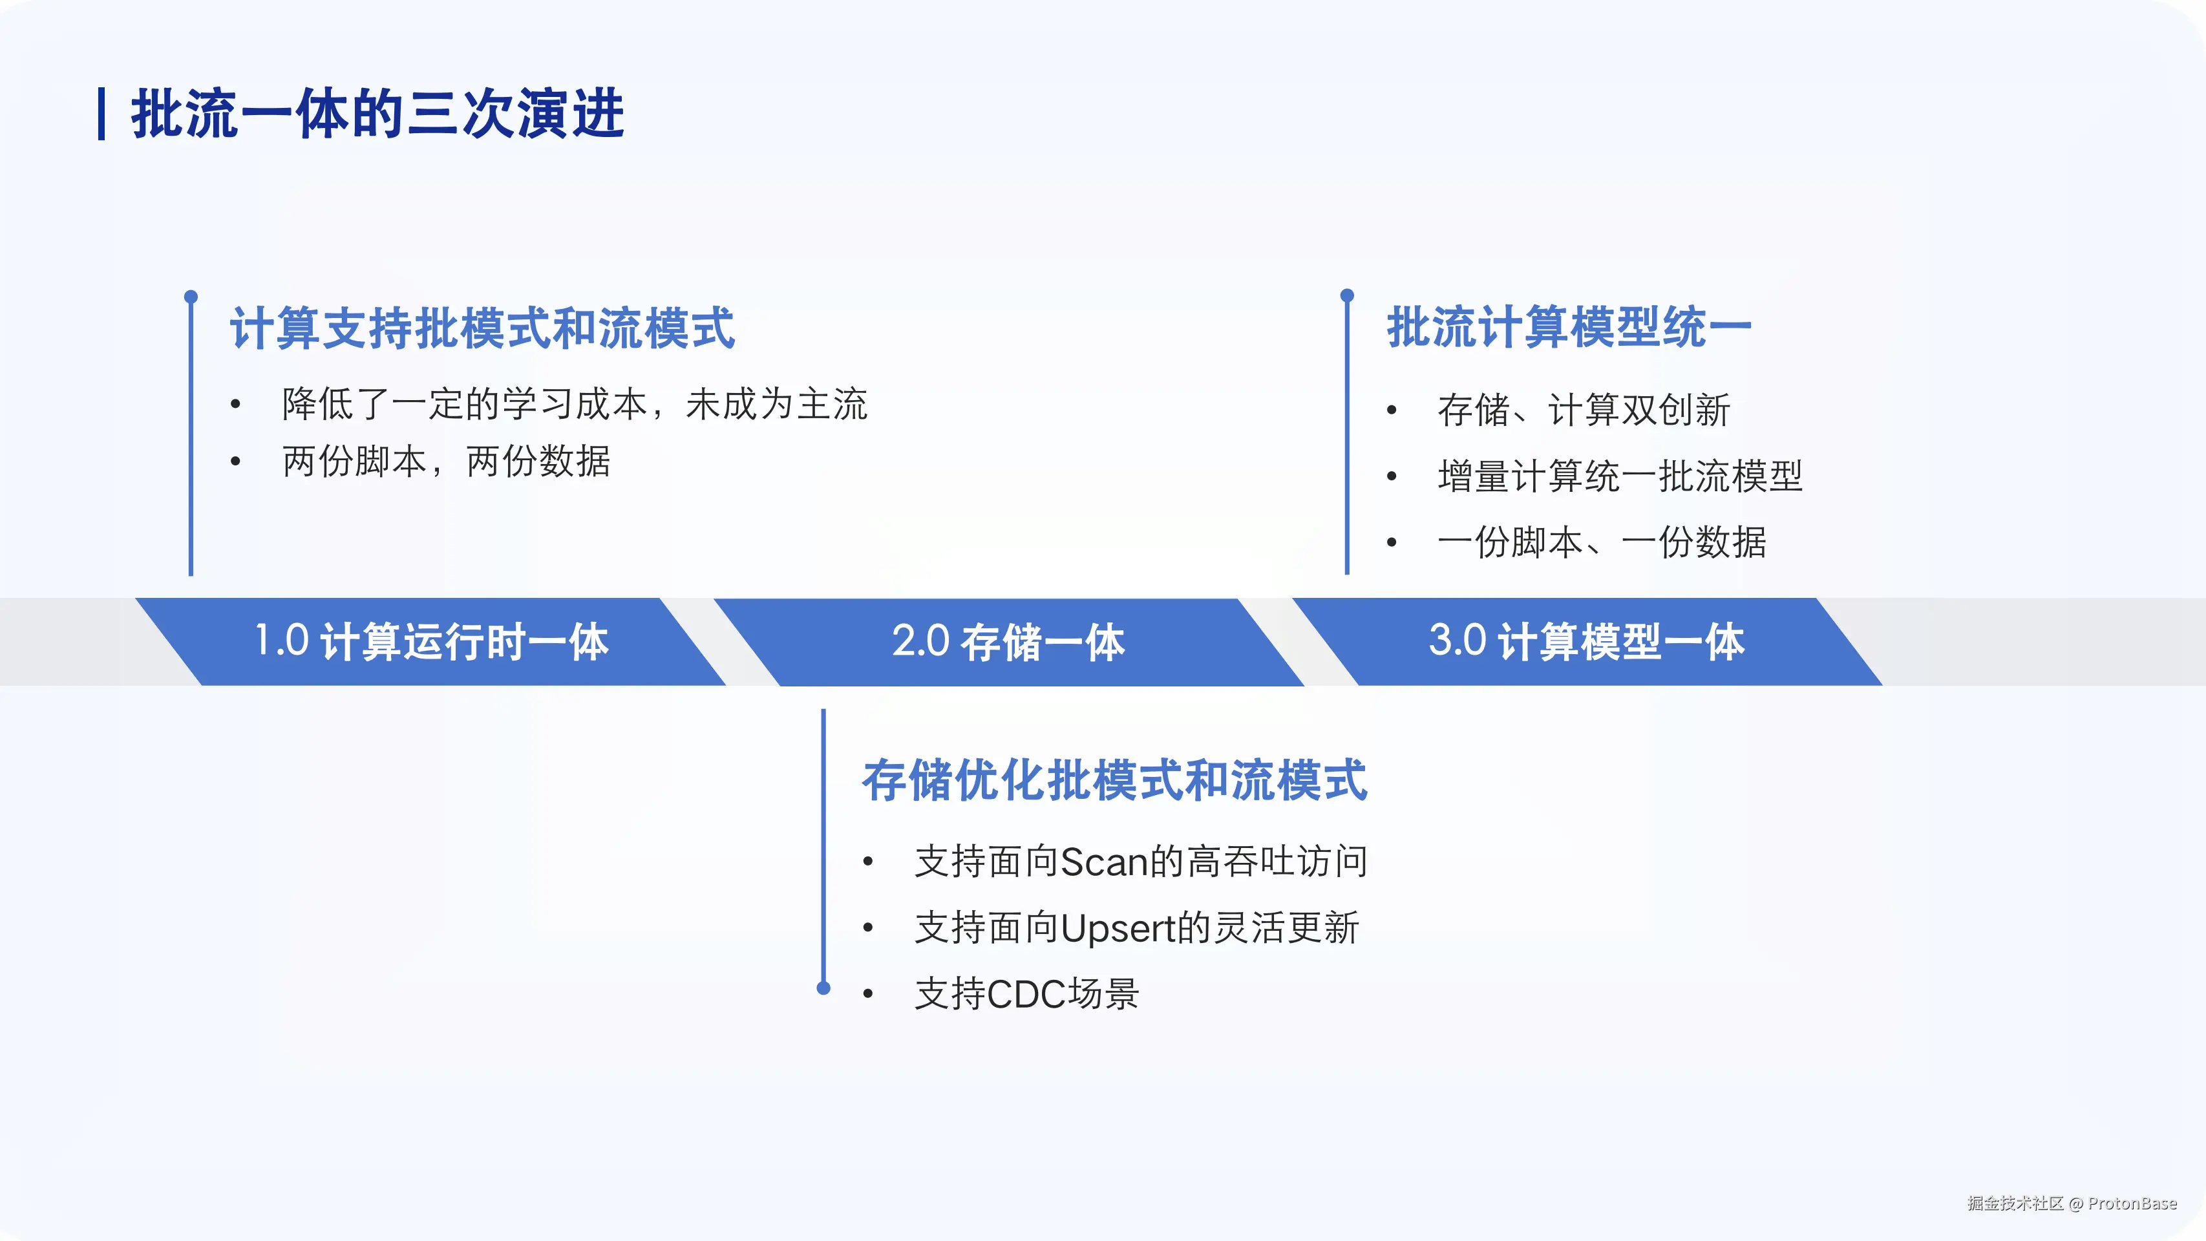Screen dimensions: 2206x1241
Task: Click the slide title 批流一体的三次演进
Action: click(x=377, y=113)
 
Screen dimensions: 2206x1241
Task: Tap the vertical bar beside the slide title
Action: click(x=102, y=113)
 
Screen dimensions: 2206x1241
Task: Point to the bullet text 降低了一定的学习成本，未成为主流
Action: click(x=575, y=404)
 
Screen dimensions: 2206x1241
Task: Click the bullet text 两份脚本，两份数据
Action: click(x=446, y=461)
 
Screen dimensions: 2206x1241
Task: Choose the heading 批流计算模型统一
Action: click(x=1569, y=327)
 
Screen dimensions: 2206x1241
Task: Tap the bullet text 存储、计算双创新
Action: click(x=1584, y=409)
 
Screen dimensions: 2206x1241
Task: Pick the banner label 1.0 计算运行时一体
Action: click(x=432, y=641)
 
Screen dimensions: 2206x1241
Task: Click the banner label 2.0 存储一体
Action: click(x=1008, y=641)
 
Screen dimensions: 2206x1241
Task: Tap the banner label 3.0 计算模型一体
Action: click(x=1586, y=641)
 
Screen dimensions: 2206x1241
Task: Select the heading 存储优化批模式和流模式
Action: click(x=1114, y=780)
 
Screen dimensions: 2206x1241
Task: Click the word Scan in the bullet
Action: click(x=1105, y=862)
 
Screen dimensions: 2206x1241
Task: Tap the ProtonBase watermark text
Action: click(x=2132, y=1204)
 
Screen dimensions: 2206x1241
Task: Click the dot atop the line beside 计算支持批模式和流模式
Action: click(x=191, y=296)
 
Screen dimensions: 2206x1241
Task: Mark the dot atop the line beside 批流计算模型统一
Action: click(x=1347, y=295)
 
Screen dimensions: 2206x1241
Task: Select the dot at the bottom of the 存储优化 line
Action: click(x=824, y=988)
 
